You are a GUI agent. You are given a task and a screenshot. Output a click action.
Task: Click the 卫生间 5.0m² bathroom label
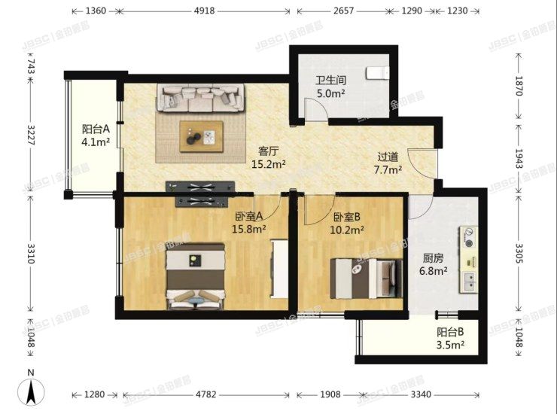pyautogui.click(x=330, y=87)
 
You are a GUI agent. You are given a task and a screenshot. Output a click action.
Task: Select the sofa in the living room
pyautogui.click(x=200, y=98)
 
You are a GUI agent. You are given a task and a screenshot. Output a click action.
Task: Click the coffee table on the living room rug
pyautogui.click(x=201, y=135)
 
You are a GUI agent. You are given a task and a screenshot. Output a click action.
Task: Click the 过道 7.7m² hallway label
pyautogui.click(x=389, y=163)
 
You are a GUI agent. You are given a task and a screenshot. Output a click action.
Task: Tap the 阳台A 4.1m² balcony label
pyautogui.click(x=96, y=134)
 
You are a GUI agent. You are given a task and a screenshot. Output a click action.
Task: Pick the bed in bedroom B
pyautogui.click(x=364, y=279)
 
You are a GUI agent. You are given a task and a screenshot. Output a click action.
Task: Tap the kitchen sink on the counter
pyautogui.click(x=470, y=282)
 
